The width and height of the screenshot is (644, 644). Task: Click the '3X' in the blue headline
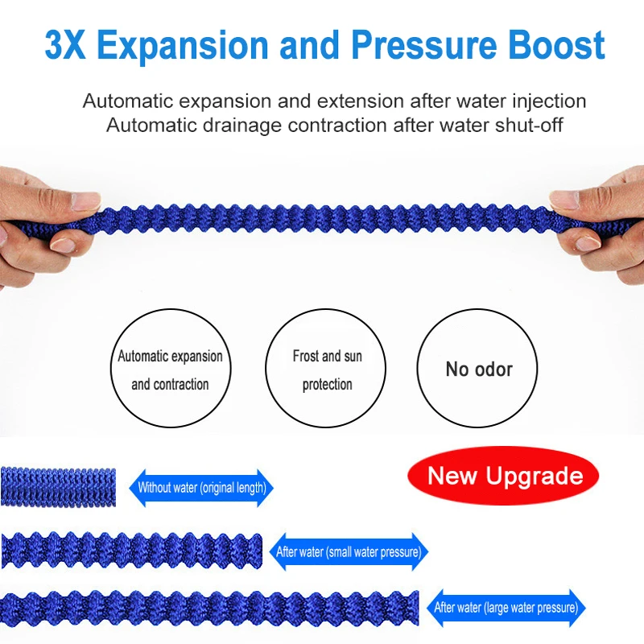[x=65, y=45]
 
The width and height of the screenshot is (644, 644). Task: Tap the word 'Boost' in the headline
[x=556, y=45]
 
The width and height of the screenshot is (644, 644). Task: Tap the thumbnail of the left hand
[x=85, y=200]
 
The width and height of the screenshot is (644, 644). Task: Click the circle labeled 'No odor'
[x=477, y=368]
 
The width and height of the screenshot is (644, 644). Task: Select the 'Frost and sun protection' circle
[x=326, y=368]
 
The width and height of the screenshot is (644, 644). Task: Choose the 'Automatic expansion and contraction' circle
[x=171, y=368]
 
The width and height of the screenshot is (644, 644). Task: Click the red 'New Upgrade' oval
[x=503, y=476]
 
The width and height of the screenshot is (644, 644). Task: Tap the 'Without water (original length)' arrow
[x=201, y=488]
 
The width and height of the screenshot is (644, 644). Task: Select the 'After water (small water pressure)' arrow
[x=349, y=551]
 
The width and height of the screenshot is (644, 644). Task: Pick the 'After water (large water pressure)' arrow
[x=506, y=608]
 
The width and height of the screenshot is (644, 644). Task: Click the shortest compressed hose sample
[x=58, y=487]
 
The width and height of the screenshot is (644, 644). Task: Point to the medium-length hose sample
[x=131, y=551]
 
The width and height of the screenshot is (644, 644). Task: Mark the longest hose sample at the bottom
[x=209, y=609]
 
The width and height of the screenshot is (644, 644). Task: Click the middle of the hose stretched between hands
[x=324, y=218]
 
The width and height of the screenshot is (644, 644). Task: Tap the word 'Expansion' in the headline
[x=183, y=46]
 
